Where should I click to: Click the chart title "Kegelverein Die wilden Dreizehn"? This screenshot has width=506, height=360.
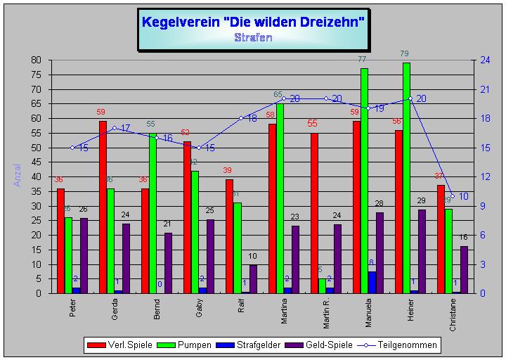253,22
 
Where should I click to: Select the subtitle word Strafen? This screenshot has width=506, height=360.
253,37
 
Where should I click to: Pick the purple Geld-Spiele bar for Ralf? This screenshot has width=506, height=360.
253,278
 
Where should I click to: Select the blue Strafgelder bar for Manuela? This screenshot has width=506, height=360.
372,282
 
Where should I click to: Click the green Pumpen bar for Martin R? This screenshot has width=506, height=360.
322,285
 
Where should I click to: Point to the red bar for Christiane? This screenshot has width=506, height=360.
441,239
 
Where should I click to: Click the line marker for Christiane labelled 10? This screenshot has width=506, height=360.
453,196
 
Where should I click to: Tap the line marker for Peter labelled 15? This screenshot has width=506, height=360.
72,148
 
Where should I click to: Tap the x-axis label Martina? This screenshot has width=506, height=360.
283,311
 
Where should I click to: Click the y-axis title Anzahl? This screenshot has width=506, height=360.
17,176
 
